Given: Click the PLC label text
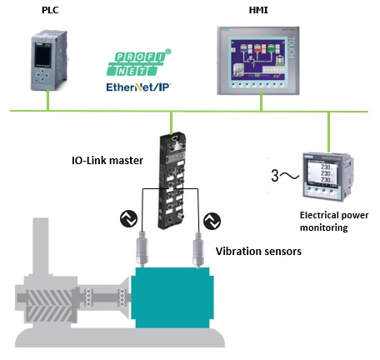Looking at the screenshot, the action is (x=50, y=10).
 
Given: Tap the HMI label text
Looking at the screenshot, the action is (x=258, y=10).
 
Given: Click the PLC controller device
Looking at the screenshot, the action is (x=49, y=60).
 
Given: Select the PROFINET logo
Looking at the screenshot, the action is (x=139, y=62).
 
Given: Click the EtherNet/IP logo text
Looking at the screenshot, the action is (x=138, y=87).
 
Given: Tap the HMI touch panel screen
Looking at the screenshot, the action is (x=258, y=61).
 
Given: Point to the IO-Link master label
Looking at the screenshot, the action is (x=107, y=160).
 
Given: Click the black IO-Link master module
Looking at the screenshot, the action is (x=172, y=182).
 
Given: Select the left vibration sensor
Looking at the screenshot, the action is (x=142, y=249).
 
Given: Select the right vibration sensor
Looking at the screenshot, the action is (x=198, y=250).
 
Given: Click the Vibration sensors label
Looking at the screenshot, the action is (x=258, y=252).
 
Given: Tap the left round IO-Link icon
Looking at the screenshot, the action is (x=128, y=218).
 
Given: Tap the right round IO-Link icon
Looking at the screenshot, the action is (x=212, y=221).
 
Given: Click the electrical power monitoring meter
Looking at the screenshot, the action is (x=328, y=176).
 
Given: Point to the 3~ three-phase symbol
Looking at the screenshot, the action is (x=285, y=176).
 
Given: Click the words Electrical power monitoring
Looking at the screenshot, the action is (x=334, y=222).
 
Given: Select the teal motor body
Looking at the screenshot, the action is (x=172, y=297).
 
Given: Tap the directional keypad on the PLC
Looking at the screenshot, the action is (x=42, y=75).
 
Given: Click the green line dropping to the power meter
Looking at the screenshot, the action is (x=328, y=132).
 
